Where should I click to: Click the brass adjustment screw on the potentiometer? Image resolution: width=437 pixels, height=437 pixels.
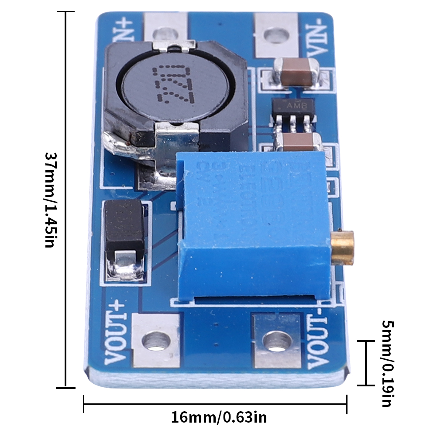[x=343, y=248]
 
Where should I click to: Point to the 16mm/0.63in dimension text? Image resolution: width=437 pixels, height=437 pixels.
[x=218, y=417]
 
